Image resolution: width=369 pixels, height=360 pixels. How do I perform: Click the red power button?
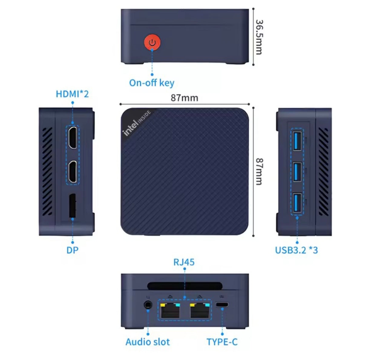pos(152,43)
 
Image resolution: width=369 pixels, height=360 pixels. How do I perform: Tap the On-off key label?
pos(152,83)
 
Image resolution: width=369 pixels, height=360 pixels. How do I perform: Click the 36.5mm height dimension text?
pos(259,37)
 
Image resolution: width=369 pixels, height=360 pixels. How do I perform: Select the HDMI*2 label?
pos(72,94)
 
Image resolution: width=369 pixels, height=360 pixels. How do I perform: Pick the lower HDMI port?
pos(72,172)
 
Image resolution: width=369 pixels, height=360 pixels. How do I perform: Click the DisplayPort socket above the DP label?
pos(72,206)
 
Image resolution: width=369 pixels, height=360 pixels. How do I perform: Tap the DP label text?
pos(72,250)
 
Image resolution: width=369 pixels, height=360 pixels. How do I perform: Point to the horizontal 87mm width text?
pos(184,98)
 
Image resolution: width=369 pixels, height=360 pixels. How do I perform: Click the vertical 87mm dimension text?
pos(259,171)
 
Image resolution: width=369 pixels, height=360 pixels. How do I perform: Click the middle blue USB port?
pos(297,172)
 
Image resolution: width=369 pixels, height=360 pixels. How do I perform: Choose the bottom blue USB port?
pos(297,203)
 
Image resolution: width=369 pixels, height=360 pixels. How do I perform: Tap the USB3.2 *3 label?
pos(296,250)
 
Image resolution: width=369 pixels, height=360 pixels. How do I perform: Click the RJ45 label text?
pos(184,262)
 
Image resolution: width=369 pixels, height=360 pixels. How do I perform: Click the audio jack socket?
pos(148,304)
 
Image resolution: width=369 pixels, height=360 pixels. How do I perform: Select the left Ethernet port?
pos(170,310)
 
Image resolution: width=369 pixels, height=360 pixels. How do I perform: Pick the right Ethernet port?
pos(199,310)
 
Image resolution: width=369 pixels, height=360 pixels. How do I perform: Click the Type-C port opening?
pos(222,304)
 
